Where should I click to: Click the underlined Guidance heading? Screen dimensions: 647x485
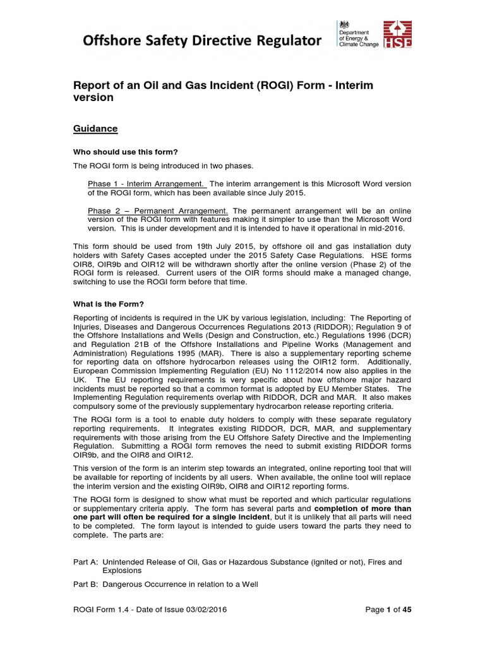click(95, 128)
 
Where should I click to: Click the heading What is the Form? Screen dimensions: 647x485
click(109, 304)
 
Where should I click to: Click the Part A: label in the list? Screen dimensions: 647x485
click(85, 562)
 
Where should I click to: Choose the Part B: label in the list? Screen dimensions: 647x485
click(85, 584)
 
